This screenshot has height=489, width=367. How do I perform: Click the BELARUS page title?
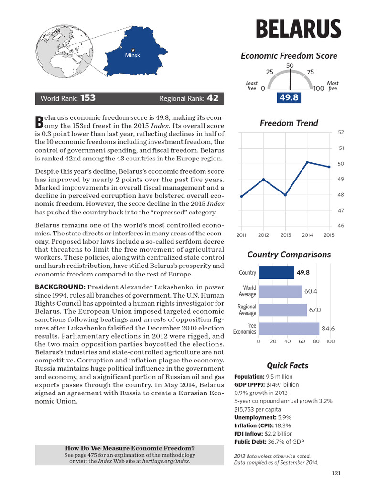point(298,29)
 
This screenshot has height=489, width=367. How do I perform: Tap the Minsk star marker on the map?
point(133,49)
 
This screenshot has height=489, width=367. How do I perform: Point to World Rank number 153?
point(87,98)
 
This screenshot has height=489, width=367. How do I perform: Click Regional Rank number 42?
point(213,98)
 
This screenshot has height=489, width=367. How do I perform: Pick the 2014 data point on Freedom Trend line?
point(307,162)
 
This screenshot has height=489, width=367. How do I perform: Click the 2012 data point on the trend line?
point(264,179)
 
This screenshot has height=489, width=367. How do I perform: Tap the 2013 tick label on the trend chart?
point(286,235)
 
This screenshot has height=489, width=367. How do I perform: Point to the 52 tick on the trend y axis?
point(341,132)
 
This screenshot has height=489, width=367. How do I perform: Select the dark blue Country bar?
point(276,273)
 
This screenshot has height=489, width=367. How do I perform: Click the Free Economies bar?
point(289,329)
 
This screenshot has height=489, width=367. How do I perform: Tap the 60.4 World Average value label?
point(311,291)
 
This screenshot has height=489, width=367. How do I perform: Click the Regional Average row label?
point(247,310)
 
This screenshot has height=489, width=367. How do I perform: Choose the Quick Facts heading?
point(287,366)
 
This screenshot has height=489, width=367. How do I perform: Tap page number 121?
point(335,473)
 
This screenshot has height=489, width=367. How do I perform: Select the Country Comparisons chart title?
point(289,255)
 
